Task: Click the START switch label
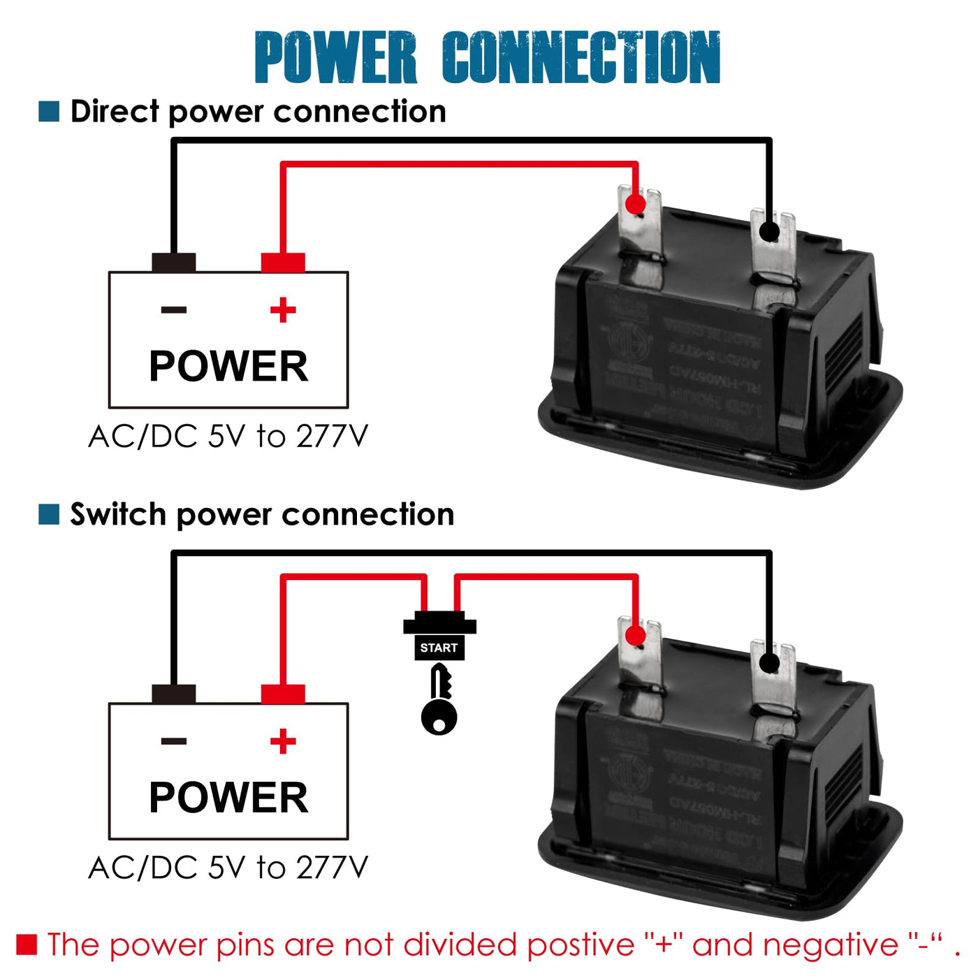439,648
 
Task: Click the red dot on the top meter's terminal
635,204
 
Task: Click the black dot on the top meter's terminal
769,231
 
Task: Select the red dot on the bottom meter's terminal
635,636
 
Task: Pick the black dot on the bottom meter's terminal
769,662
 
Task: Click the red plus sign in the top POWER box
283,309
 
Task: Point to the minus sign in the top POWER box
174,309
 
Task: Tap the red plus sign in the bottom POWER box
283,741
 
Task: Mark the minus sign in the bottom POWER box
174,741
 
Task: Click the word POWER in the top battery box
228,366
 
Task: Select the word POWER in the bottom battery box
228,797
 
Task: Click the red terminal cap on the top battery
283,263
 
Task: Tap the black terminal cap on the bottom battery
174,694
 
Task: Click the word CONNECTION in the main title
581,57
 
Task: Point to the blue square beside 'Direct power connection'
49,111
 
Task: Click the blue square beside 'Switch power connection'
49,514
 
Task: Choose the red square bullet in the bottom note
27,944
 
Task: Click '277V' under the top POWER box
332,437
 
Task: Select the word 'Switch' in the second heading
117,514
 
